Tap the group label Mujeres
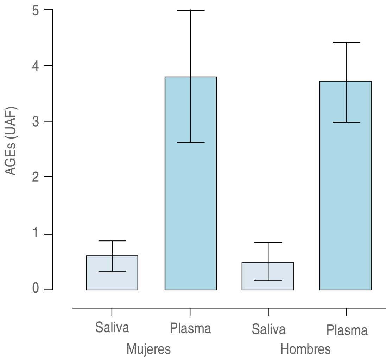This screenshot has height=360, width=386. point(148,349)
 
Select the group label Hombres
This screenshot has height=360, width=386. point(305,349)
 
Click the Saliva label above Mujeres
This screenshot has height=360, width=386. point(112,327)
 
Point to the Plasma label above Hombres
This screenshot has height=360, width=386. point(347,330)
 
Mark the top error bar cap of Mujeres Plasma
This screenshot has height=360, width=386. point(191,11)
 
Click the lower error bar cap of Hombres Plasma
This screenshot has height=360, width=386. point(347,122)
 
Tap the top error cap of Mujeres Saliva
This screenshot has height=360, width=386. point(112,241)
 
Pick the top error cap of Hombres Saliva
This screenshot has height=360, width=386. point(268,243)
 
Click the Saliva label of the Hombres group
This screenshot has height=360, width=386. point(268,330)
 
